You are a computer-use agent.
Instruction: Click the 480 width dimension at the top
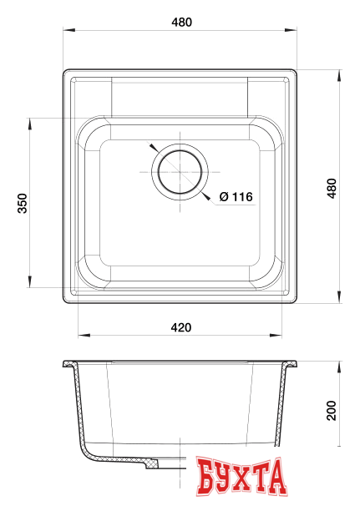click(x=181, y=23)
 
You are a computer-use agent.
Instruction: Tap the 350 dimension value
click(x=23, y=203)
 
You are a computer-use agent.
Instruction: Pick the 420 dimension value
click(x=181, y=326)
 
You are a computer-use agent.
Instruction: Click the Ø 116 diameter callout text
click(x=236, y=197)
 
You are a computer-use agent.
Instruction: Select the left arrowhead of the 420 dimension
click(x=82, y=336)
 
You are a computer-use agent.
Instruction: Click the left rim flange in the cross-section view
click(x=70, y=365)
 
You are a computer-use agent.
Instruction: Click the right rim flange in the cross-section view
click(x=292, y=365)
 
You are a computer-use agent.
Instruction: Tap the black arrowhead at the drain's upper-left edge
click(x=152, y=145)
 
